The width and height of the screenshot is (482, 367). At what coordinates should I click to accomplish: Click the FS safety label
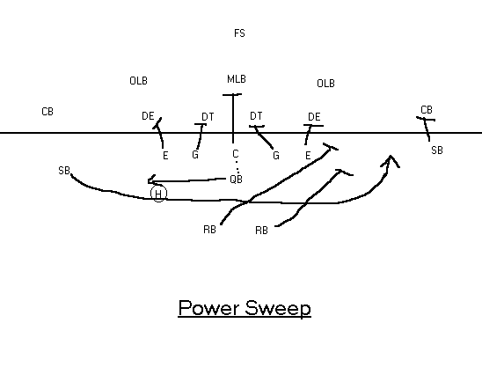coord(239,33)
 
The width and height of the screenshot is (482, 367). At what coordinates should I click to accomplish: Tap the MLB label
coord(237,79)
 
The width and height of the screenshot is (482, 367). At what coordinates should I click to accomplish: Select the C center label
coord(236,153)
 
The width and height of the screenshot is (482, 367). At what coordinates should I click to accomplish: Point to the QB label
coord(236,179)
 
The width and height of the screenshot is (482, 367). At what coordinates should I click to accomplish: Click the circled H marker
coord(158,194)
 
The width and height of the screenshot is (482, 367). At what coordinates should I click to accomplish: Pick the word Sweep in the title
coord(278,308)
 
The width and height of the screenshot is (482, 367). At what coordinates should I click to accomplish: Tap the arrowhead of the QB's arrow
coord(150,180)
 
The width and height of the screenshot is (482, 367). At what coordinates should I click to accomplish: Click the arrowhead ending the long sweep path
coord(391,161)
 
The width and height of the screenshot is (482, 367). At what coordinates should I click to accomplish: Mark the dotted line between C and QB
coord(237,166)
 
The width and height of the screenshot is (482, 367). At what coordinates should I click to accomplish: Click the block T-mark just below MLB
coord(232,95)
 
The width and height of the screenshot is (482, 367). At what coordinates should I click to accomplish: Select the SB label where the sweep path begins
coord(64,171)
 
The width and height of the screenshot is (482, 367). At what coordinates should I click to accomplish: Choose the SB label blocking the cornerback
coord(437,150)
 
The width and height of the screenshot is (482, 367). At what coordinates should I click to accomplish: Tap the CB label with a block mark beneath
coord(427,110)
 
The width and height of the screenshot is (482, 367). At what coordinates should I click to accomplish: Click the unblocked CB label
coord(47,112)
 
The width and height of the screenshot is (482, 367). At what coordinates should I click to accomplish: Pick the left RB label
coord(209,230)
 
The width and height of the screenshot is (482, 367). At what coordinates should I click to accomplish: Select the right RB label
coord(261,230)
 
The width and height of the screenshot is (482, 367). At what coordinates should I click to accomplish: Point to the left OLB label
coord(138,81)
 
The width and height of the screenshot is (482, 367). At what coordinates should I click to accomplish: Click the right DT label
coord(256,116)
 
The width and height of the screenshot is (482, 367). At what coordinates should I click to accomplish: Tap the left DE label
coord(148,116)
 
